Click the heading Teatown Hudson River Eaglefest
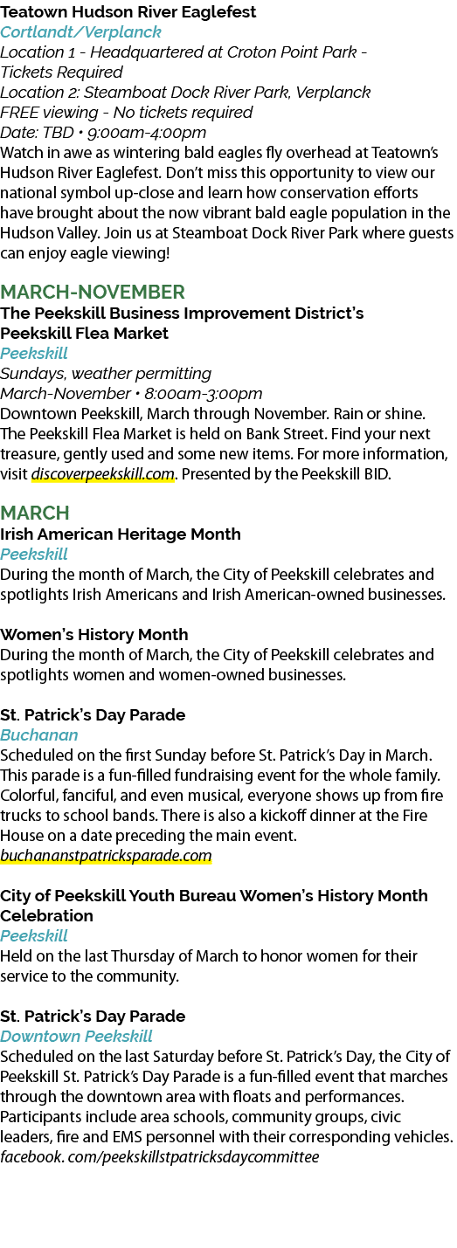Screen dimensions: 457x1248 pos(128,11)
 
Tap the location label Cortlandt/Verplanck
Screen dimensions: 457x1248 pos(80,32)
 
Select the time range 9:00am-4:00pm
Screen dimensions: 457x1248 pos(147,133)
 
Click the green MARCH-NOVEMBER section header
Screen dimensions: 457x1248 pos(93,292)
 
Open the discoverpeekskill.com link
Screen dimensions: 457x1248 pos(103,475)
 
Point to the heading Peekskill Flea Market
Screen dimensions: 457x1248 pos(84,333)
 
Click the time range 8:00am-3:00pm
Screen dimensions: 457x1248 pos(204,394)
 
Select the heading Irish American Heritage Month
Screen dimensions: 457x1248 pos(121,534)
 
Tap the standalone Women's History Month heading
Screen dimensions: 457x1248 pos(94,635)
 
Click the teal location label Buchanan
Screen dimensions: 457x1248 pos(39,734)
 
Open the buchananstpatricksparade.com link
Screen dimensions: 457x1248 pos(106,856)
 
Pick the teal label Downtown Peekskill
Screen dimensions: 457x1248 pos(76,1037)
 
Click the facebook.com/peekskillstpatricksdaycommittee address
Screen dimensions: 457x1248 pos(159,1157)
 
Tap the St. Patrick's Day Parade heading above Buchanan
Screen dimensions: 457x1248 pos(93,714)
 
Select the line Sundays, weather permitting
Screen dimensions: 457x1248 pos(106,373)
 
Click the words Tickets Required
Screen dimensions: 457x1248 pos(61,72)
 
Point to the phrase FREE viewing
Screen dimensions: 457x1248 pos(49,113)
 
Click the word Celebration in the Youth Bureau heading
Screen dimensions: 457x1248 pos(47,916)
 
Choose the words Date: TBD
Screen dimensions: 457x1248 pos(37,133)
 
